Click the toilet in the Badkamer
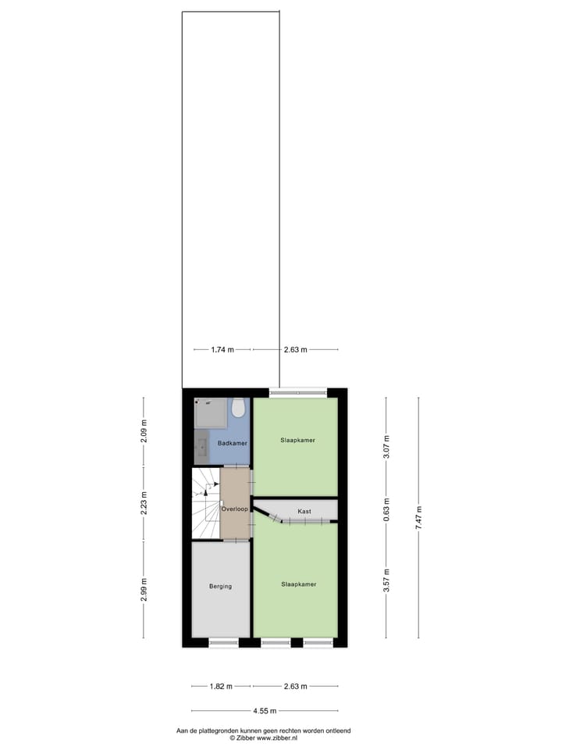[x=240, y=409]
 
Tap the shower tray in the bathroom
[x=212, y=412]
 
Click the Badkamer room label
[x=233, y=443]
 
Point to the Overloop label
[x=235, y=509]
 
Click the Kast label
[x=304, y=511]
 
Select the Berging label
[x=220, y=586]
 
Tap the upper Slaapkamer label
[x=297, y=441]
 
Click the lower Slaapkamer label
[x=298, y=584]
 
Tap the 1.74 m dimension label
[x=222, y=350]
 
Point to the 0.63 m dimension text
[x=386, y=518]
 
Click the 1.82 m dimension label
[x=222, y=687]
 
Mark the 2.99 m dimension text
[x=144, y=590]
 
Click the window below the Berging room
[x=223, y=643]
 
